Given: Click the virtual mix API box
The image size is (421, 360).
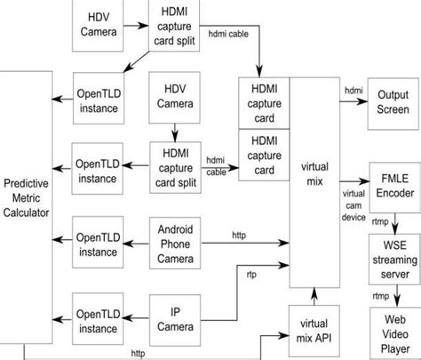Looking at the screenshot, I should click(x=314, y=330).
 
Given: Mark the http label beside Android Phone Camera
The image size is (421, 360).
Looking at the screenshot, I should click(x=239, y=235).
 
